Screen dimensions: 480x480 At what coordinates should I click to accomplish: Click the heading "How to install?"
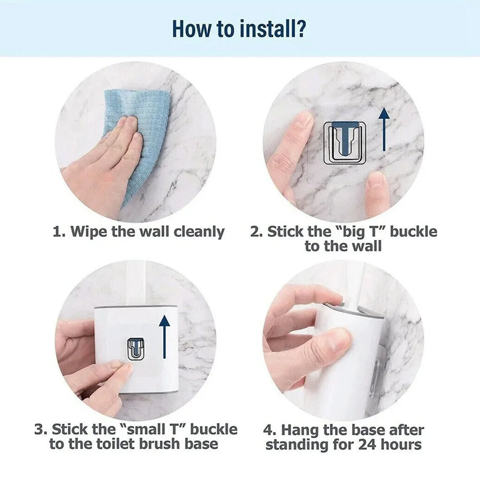pyautogui.click(x=240, y=28)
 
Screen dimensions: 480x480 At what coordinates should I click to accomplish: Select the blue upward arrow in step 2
pyautogui.click(x=383, y=130)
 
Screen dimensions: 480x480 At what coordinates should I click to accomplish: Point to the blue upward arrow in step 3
pyautogui.click(x=164, y=336)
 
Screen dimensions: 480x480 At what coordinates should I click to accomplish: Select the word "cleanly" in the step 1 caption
pyautogui.click(x=199, y=232)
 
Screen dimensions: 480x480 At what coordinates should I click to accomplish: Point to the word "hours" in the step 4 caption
pyautogui.click(x=398, y=444)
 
